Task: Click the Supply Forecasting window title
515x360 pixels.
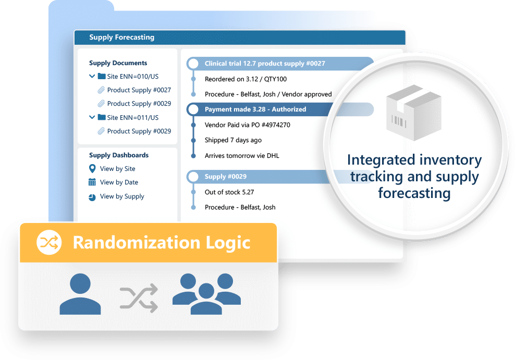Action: coord(121,38)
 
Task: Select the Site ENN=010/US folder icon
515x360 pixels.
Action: coord(102,76)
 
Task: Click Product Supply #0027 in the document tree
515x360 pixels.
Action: coord(139,90)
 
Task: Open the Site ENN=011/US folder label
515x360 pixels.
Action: coord(133,118)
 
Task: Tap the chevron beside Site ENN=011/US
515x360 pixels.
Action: coord(92,117)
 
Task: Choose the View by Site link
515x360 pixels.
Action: coord(118,169)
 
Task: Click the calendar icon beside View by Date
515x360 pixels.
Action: coord(92,182)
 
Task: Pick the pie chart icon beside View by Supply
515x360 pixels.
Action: coord(92,197)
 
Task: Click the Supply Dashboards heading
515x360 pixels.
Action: coord(119,155)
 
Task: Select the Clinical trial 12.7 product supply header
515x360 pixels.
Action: coord(265,64)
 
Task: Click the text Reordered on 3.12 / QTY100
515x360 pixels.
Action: coord(246,79)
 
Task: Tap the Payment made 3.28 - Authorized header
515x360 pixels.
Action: coord(255,109)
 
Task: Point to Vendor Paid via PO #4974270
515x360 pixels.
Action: coord(247,125)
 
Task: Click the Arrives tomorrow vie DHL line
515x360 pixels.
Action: coord(242,156)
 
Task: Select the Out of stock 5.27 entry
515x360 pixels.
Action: coord(229,192)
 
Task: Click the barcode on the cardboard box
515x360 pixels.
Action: coord(399,121)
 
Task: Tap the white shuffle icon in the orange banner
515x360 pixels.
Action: coord(49,242)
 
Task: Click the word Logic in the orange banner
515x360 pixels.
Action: coord(228,243)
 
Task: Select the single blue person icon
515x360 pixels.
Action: coord(80,294)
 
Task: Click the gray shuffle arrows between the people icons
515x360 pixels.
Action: coord(139,298)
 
